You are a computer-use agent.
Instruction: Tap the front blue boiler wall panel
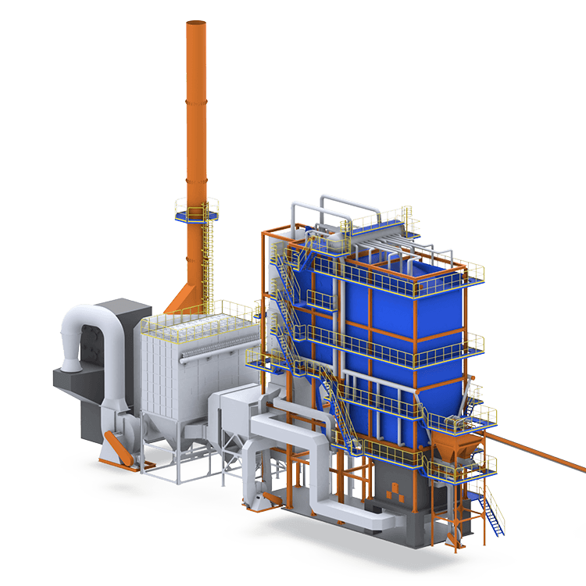pyautogui.click(x=383, y=313)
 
